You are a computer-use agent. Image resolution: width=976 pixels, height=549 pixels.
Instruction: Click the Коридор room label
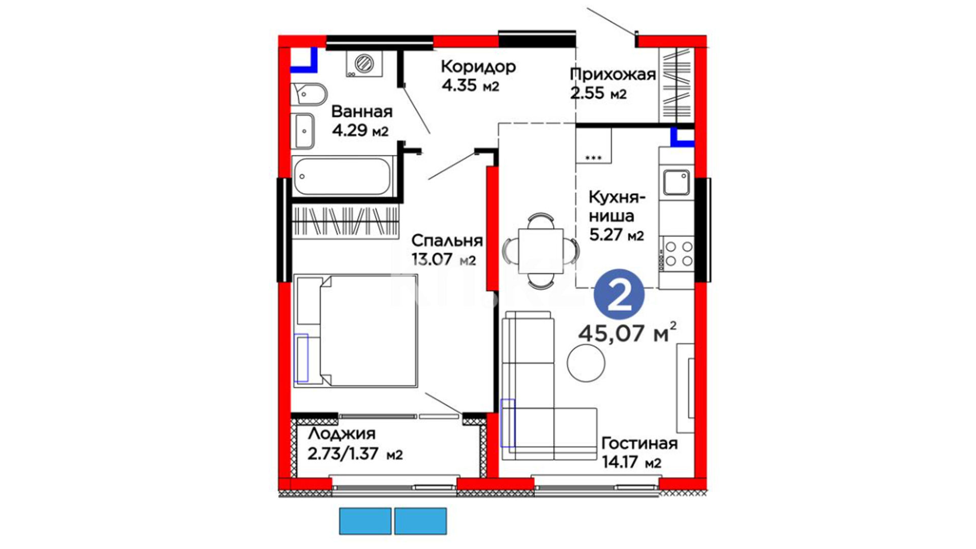click(x=478, y=67)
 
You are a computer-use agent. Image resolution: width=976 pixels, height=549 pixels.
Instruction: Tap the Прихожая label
click(x=613, y=75)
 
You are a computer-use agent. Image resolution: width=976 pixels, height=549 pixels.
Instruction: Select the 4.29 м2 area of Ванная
click(x=360, y=130)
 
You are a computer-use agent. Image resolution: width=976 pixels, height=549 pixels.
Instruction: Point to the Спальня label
click(x=447, y=240)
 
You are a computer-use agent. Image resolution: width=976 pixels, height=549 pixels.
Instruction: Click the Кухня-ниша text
click(x=617, y=206)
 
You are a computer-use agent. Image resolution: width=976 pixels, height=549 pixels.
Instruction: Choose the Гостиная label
click(x=639, y=443)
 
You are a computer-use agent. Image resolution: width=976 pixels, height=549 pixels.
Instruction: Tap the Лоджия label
click(x=342, y=434)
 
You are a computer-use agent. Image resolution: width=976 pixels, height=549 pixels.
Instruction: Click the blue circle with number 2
click(x=619, y=295)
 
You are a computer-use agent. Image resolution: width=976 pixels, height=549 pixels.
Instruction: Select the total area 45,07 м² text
click(x=628, y=333)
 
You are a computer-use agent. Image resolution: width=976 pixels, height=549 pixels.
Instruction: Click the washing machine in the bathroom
click(x=364, y=64)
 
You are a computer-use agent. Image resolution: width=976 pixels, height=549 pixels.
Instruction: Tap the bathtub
click(x=343, y=176)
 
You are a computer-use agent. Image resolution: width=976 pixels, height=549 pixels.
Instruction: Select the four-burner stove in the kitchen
click(x=677, y=254)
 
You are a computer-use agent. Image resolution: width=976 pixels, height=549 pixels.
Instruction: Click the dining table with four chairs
click(x=541, y=251)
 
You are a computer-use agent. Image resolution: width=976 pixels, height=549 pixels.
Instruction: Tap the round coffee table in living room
click(x=586, y=363)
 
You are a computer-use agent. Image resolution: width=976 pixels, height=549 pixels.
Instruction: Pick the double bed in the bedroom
click(x=355, y=331)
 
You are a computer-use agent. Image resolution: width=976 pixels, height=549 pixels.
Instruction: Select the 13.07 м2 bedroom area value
click(x=444, y=259)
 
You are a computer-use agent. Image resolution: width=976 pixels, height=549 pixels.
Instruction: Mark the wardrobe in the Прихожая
click(x=676, y=85)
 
